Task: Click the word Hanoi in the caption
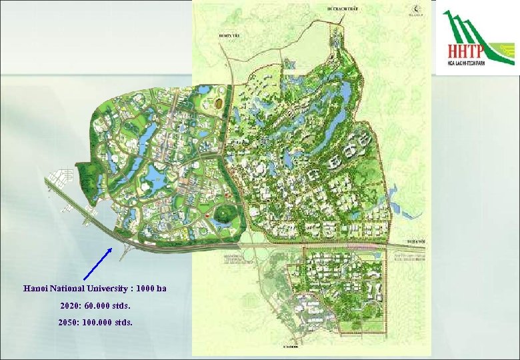(x=35, y=289)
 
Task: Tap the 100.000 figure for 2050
(x=95, y=321)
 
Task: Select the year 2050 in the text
(x=68, y=321)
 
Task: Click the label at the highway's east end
(x=414, y=242)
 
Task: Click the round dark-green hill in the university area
(x=225, y=215)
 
